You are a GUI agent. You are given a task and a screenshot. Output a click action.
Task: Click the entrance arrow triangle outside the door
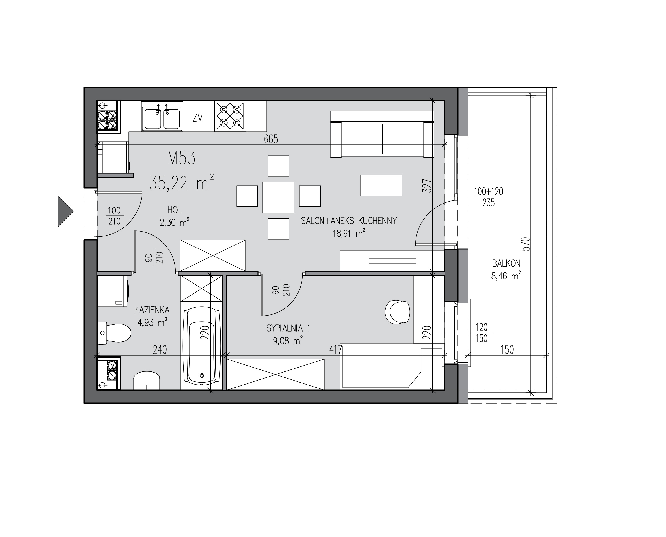tap(64, 211)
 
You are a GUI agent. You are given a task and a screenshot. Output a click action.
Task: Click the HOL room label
tap(174, 210)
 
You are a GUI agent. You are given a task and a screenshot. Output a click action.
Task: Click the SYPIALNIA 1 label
tap(288, 328)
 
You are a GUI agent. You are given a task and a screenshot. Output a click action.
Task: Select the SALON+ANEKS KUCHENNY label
tap(349, 221)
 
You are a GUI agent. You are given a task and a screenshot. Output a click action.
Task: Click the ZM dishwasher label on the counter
tap(198, 118)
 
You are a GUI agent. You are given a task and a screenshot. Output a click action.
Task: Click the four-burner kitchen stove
tap(230, 117)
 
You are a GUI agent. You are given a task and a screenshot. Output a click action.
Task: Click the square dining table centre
tap(278, 197)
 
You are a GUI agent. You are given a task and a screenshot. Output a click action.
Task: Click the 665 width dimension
tap(271, 139)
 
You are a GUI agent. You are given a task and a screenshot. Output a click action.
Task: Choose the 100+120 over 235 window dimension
tap(489, 197)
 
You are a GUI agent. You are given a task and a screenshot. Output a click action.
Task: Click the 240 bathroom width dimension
tap(160, 350)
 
